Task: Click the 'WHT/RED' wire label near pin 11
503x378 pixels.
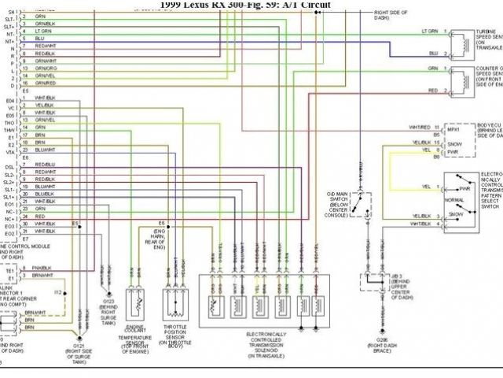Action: click(420, 127)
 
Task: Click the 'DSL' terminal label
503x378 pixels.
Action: click(10, 167)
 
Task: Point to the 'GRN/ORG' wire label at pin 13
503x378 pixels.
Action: click(45, 67)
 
